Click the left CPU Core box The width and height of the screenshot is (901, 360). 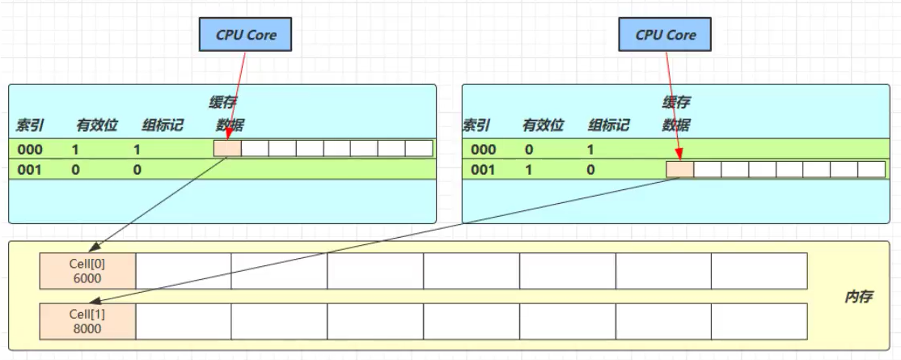[x=244, y=35]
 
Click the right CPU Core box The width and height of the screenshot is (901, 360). [x=665, y=35]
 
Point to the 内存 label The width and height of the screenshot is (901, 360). [x=857, y=297]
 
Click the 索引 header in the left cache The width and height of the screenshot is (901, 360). [x=29, y=125]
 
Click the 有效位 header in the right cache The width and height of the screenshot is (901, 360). [x=542, y=125]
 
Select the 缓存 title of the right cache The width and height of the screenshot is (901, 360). [x=676, y=102]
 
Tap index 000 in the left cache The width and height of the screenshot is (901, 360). [x=30, y=149]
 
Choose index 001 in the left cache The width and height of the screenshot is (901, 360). [x=30, y=170]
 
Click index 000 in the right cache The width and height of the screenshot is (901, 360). [x=483, y=149]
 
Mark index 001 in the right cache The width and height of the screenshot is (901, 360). [x=483, y=170]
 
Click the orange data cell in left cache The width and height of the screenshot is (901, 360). [x=227, y=149]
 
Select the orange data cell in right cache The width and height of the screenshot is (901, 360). [x=679, y=170]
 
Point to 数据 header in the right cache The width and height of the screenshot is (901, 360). [x=676, y=125]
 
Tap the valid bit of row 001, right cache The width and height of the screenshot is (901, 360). [x=529, y=170]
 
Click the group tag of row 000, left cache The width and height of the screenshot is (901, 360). [x=137, y=149]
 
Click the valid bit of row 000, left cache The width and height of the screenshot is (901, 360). [x=75, y=149]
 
